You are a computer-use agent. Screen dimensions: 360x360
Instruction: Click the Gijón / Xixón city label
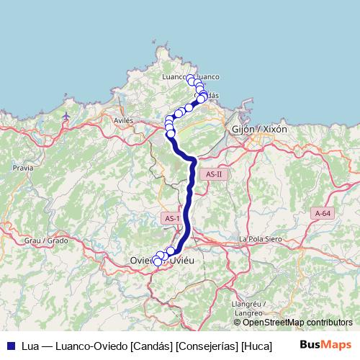260,129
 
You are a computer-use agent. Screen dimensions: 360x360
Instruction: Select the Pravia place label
23,166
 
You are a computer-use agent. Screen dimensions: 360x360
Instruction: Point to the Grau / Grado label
46,240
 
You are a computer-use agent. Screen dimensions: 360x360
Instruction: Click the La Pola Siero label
263,239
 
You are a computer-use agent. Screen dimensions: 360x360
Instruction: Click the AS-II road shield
215,174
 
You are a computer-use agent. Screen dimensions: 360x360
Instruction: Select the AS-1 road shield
171,218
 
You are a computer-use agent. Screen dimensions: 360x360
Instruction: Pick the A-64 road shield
323,213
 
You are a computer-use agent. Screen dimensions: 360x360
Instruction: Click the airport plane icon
67,115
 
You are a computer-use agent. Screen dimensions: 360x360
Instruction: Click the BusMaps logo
325,345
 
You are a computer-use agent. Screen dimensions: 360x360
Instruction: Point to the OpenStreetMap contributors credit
297,323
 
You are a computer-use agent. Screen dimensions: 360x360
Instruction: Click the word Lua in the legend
31,346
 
